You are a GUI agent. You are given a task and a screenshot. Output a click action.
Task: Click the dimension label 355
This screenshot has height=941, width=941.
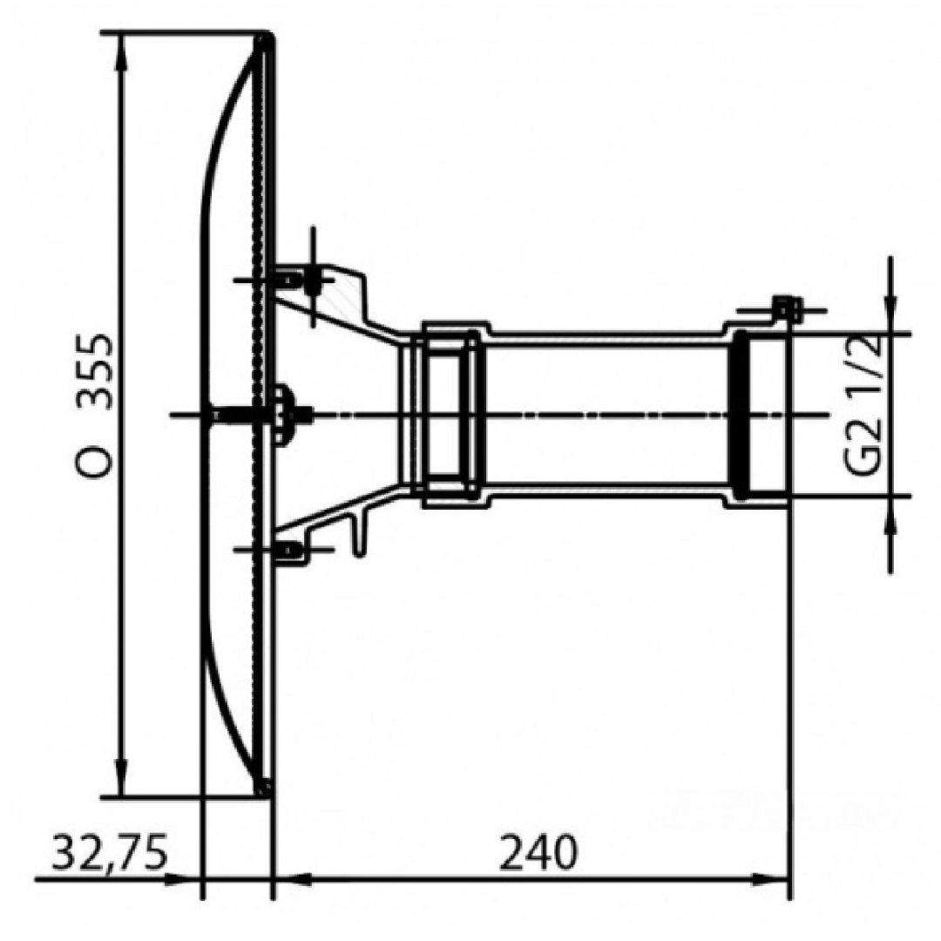[96, 372]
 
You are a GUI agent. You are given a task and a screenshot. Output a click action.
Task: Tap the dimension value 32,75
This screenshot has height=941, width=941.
[109, 853]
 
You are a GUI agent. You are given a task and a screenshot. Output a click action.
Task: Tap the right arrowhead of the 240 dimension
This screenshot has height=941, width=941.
[772, 880]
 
